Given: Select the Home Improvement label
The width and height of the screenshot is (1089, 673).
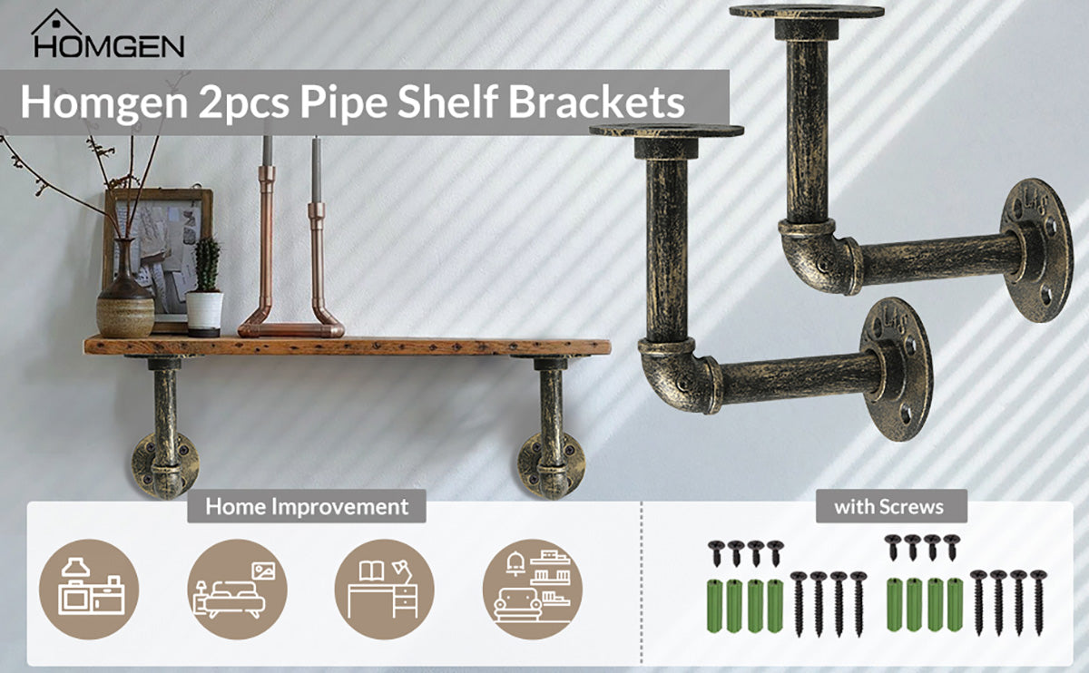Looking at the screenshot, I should [307, 506].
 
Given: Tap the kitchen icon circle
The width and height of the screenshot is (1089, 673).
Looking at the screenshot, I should [89, 589].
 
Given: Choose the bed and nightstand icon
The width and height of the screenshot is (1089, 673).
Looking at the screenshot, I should [237, 589].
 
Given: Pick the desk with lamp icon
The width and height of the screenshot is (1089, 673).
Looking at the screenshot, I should [384, 589].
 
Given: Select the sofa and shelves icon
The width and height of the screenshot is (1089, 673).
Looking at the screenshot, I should [532, 589].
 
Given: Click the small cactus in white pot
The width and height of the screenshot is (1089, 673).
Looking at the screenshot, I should [206, 290].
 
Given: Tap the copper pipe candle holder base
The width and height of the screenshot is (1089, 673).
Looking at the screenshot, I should [291, 327].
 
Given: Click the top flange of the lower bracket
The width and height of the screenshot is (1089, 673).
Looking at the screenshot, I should [666, 132].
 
